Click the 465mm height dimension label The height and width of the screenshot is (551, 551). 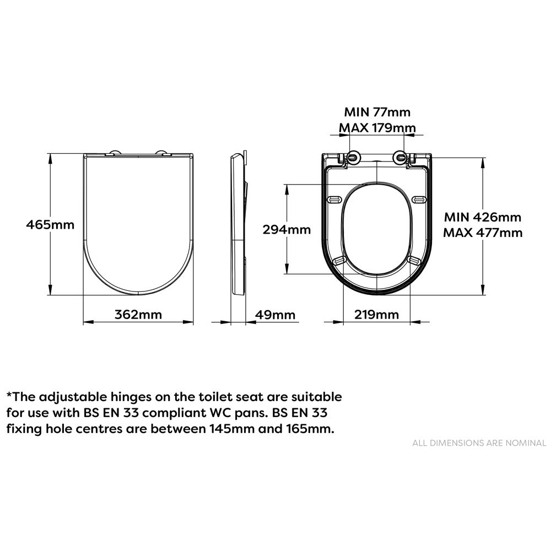50,225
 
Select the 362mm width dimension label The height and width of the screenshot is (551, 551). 138,315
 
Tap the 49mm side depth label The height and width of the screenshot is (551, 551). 275,315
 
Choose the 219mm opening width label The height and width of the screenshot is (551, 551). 377,315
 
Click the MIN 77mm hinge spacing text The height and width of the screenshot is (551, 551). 377,112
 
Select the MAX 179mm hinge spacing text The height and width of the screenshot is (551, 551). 377,128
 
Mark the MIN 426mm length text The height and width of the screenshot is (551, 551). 483,217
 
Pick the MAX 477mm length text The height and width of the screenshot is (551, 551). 483,233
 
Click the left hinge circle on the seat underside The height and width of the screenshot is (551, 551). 353,157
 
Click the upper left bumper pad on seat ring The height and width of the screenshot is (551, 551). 334,199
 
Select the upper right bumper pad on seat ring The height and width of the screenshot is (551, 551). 420,199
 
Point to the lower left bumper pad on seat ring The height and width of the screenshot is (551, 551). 339,260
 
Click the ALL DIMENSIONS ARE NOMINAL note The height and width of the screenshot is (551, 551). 479,443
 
